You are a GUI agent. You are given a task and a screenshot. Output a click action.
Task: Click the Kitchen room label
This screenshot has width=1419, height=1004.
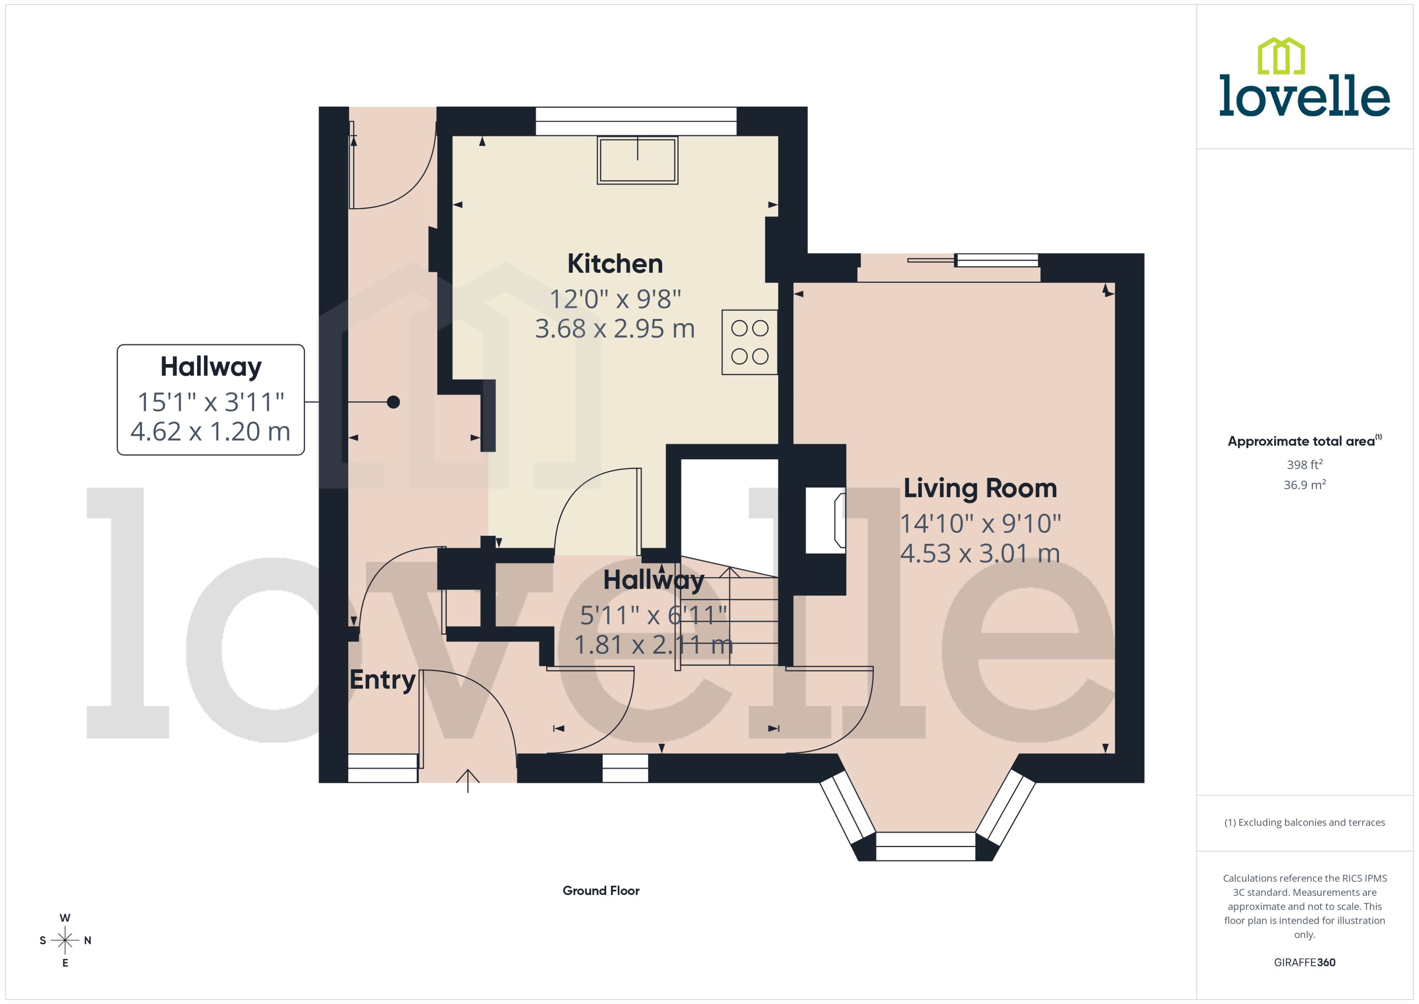[615, 264]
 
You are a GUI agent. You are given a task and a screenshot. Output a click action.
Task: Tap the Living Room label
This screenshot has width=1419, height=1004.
[980, 488]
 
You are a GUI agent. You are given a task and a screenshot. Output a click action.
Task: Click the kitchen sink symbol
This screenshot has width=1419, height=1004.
[637, 160]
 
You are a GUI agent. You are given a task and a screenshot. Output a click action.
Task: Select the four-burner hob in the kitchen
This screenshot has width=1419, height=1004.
[749, 342]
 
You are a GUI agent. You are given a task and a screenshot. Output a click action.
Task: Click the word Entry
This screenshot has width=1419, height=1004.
[382, 679]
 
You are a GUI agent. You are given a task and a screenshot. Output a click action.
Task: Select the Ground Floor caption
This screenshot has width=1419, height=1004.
[600, 890]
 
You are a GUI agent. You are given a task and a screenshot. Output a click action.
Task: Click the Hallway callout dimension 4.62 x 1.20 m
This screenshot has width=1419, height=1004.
[210, 432]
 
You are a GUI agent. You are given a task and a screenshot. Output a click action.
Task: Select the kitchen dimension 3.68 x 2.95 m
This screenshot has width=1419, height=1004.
[615, 329]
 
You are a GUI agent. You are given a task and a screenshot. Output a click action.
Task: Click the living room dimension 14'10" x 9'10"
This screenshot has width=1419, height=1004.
[980, 524]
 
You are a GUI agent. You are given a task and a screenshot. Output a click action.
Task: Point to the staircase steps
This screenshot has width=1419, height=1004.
[730, 618]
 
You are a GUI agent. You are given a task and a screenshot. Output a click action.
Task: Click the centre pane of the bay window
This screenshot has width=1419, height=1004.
[926, 846]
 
